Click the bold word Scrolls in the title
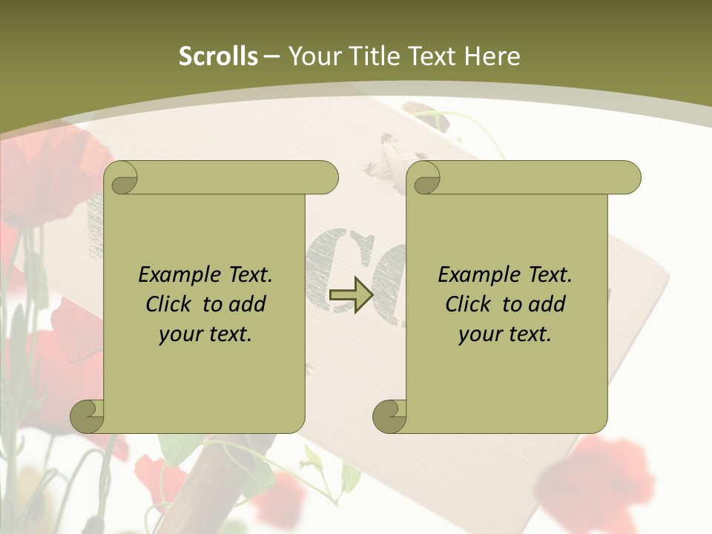(219, 56)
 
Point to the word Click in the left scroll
(171, 304)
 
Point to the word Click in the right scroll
(469, 304)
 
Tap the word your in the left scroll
(180, 334)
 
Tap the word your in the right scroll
(479, 334)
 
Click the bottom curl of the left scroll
(88, 416)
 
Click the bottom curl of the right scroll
(390, 416)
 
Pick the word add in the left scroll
(248, 304)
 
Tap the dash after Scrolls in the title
(272, 56)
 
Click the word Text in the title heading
(432, 56)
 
